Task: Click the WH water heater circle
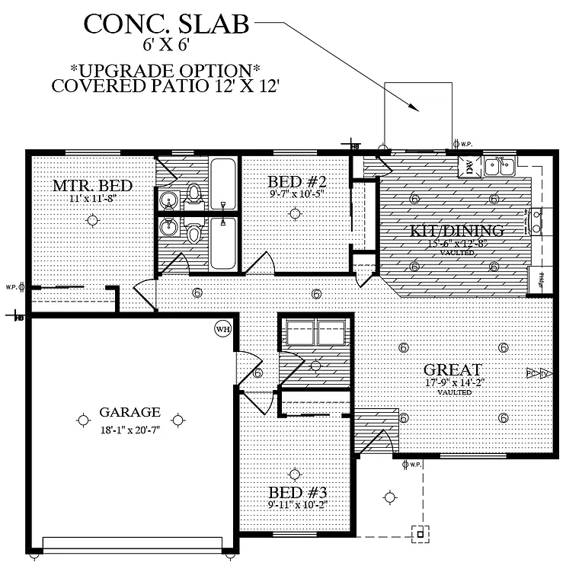tap(222, 329)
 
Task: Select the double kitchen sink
tap(500, 165)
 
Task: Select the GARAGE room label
tap(130, 412)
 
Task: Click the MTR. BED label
tap(92, 185)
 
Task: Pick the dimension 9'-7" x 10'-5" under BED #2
tap(298, 195)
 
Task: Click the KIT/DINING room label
tap(457, 230)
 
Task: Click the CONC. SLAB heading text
tap(166, 24)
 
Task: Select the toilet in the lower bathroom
tap(193, 232)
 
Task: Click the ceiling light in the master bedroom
tap(92, 221)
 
